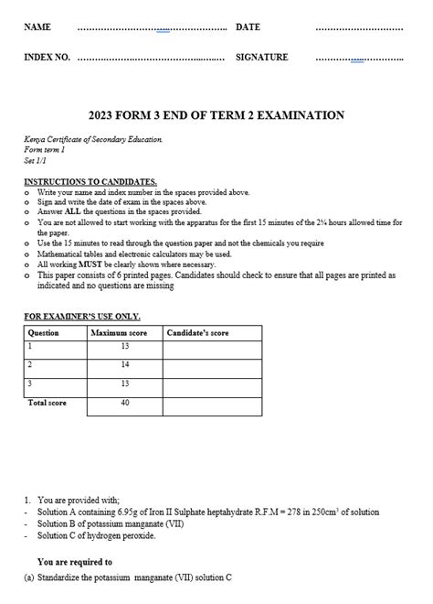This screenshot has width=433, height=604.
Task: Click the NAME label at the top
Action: (x=37, y=27)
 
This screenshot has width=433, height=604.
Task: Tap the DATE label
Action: (x=248, y=27)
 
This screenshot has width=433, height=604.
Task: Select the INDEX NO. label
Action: (x=47, y=58)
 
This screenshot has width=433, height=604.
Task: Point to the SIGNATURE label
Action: (x=261, y=58)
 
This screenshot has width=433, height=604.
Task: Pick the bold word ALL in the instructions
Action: (x=75, y=211)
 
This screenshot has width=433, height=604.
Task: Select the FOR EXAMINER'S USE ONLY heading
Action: (x=81, y=317)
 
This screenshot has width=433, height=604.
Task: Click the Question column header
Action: (x=44, y=333)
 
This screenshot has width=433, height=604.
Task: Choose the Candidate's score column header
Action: (x=198, y=333)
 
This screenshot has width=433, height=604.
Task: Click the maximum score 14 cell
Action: (x=124, y=364)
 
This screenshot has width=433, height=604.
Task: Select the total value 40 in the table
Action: (x=124, y=403)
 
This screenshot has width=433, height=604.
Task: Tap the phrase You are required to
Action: (x=75, y=562)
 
